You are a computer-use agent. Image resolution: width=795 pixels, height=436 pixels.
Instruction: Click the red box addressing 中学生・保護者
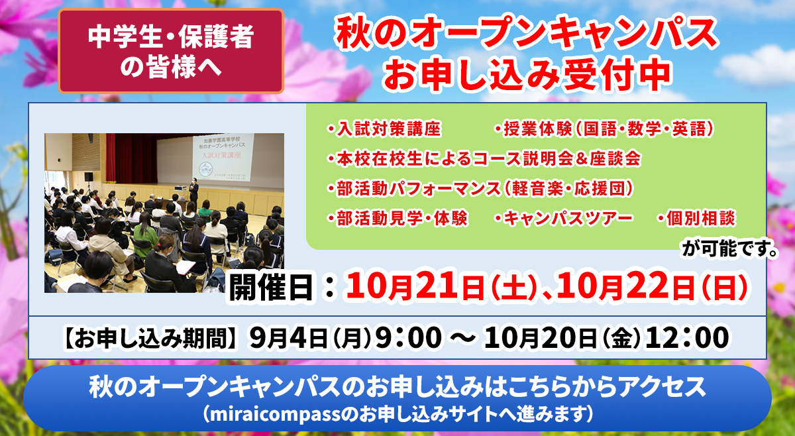(171, 51)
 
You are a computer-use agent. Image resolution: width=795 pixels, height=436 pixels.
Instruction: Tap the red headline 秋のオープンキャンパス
(527, 33)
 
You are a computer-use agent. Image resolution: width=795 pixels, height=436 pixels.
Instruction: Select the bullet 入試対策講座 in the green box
(384, 129)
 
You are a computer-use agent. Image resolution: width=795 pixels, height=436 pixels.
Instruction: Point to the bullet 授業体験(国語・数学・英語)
(604, 129)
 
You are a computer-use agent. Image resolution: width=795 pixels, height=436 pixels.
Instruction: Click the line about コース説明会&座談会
(484, 158)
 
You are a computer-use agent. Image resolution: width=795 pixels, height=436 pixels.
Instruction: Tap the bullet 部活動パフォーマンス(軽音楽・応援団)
(480, 188)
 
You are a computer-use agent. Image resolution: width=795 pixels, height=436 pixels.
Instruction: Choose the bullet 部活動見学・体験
(397, 218)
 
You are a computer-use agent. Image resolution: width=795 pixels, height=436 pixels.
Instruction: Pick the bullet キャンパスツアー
(564, 218)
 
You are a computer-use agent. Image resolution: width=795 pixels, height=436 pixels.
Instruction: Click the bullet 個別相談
(696, 218)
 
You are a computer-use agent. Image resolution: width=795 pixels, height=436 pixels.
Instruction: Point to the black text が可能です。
(729, 248)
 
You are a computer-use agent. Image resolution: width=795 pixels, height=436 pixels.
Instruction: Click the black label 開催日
(271, 288)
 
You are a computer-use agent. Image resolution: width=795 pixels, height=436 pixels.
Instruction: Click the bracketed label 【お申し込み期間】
(151, 337)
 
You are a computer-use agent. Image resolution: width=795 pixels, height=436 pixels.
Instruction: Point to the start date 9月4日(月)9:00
(346, 337)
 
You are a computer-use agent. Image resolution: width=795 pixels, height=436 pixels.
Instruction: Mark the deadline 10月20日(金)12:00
(606, 337)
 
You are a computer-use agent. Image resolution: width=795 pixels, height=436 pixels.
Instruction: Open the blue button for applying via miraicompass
(397, 398)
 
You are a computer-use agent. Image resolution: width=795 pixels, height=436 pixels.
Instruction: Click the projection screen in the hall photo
(223, 157)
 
